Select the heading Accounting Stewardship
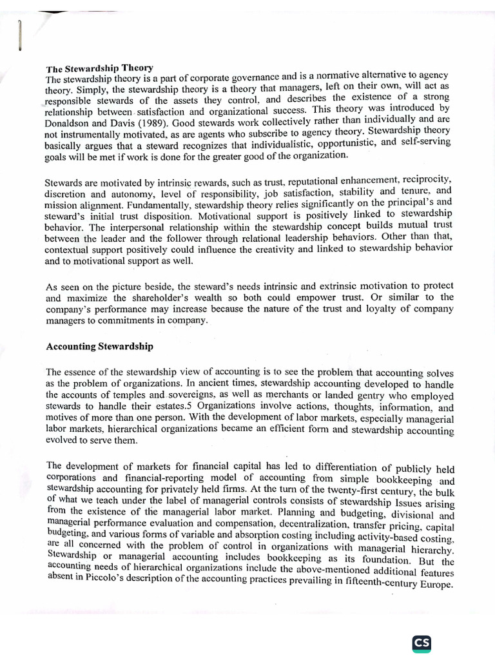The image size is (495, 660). [100, 347]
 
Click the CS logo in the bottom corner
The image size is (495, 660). [422, 644]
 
